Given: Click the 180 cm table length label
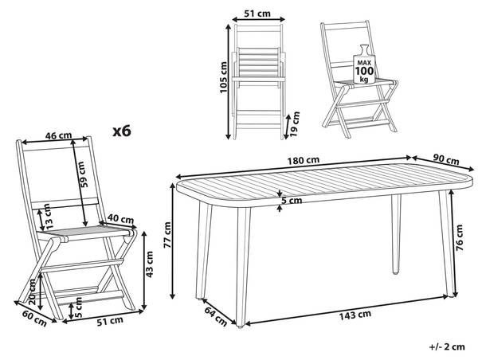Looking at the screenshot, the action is point(304,160).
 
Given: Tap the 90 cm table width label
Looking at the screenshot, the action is point(446,159).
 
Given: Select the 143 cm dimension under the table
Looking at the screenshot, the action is point(355,315).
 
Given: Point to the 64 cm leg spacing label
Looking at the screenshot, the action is point(216,316).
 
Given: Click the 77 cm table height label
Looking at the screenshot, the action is point(167,235).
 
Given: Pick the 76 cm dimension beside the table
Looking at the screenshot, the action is point(459,237).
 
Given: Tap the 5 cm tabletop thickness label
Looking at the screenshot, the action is point(292,200).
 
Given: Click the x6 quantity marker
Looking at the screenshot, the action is point(122,131).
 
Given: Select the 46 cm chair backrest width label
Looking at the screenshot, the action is point(58,135).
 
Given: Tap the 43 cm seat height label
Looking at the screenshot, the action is point(150,264).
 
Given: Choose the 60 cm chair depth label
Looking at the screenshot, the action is point(34,318).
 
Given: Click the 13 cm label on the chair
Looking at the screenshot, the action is point(49,217).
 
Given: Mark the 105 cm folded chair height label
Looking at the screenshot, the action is point(223,77).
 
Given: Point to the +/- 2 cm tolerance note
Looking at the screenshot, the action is point(447,346).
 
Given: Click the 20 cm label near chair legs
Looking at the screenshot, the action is point(33,292).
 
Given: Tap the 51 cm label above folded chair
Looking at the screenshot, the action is point(257,14).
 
